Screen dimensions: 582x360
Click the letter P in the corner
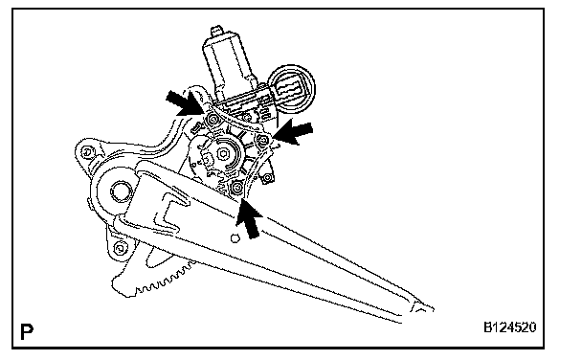pyautogui.click(x=27, y=331)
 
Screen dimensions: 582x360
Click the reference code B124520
pyautogui.click(x=509, y=327)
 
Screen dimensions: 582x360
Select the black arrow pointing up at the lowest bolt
pyautogui.click(x=249, y=219)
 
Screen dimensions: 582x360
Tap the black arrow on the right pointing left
pyautogui.click(x=294, y=131)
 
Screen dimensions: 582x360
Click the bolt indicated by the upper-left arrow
pyautogui.click(x=213, y=119)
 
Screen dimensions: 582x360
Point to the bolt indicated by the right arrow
pyautogui.click(x=263, y=140)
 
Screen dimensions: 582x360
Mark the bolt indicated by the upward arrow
pyautogui.click(x=236, y=189)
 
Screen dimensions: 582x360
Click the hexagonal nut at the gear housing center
pyautogui.click(x=223, y=153)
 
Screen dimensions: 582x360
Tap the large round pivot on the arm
pyautogui.click(x=121, y=191)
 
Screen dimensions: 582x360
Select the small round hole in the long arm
pyautogui.click(x=235, y=238)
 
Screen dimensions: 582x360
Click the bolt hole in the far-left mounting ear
pyautogui.click(x=87, y=151)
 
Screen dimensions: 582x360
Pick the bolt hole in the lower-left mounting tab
pyautogui.click(x=120, y=247)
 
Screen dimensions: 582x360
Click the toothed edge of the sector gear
pyautogui.click(x=164, y=279)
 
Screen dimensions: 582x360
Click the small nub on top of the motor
pyautogui.click(x=216, y=31)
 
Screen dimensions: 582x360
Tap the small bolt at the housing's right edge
pyautogui.click(x=268, y=178)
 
